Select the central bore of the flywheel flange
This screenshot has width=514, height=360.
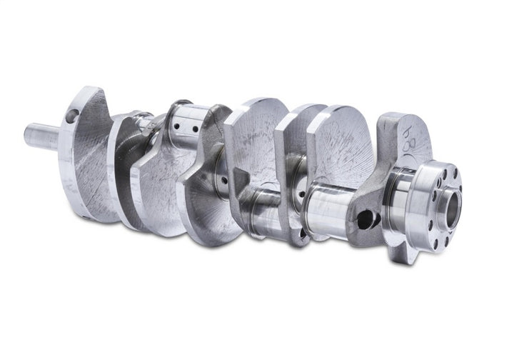pyautogui.click(x=452, y=200)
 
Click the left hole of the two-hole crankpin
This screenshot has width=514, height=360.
pyautogui.click(x=176, y=125)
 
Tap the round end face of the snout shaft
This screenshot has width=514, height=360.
pyautogui.click(x=29, y=135)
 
